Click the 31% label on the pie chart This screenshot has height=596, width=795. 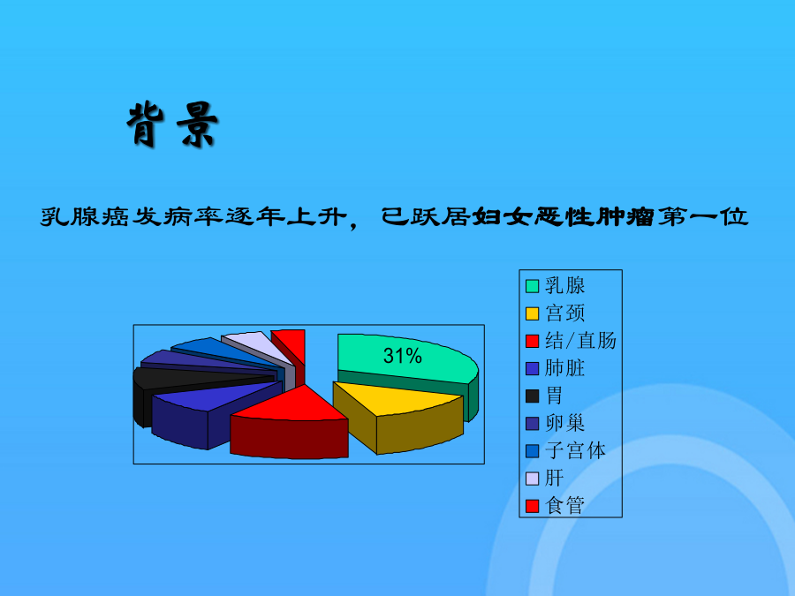[x=403, y=356]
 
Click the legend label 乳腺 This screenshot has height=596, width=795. [x=564, y=286]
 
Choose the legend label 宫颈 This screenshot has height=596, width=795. [x=564, y=313]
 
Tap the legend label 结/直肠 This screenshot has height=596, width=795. [x=580, y=341]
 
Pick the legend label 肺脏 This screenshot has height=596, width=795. [x=564, y=368]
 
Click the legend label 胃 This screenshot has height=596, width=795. [x=554, y=396]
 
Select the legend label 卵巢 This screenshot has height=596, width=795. [x=564, y=423]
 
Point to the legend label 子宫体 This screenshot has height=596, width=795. [x=575, y=450]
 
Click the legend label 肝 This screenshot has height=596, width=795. [x=554, y=478]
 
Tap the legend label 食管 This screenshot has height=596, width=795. [x=564, y=505]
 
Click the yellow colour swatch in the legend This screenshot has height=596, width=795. [x=532, y=313]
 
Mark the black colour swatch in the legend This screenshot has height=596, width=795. [x=532, y=396]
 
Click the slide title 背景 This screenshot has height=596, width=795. [x=172, y=124]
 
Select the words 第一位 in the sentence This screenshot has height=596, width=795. [x=703, y=216]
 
